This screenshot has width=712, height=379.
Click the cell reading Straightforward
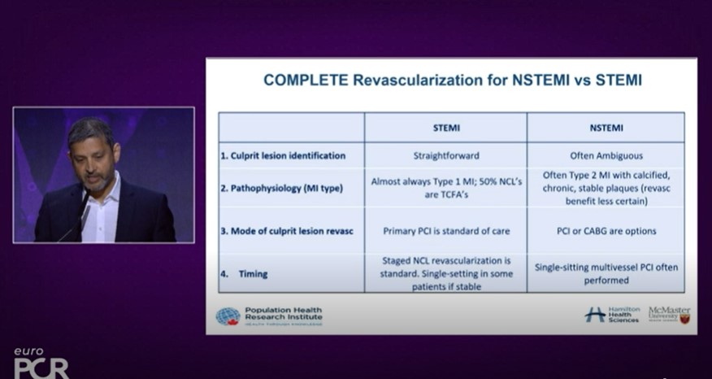pos(445,155)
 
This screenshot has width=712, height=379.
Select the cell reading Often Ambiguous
pos(606,155)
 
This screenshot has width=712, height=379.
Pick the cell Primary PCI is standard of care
pos(446,231)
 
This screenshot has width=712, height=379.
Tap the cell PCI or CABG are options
pos(606,231)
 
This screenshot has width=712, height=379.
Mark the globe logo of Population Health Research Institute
pos(228,316)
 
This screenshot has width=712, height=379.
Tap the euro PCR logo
pos(41,362)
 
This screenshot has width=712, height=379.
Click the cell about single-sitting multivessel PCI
pos(606,273)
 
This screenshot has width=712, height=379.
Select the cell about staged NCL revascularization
pos(445,273)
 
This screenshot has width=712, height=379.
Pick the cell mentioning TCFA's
pos(445,189)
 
